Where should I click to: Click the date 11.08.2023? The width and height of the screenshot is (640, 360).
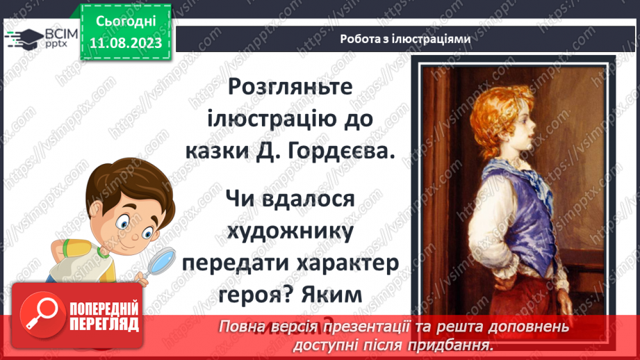click(x=126, y=42)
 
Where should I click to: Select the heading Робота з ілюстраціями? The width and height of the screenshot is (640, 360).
click(x=405, y=39)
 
